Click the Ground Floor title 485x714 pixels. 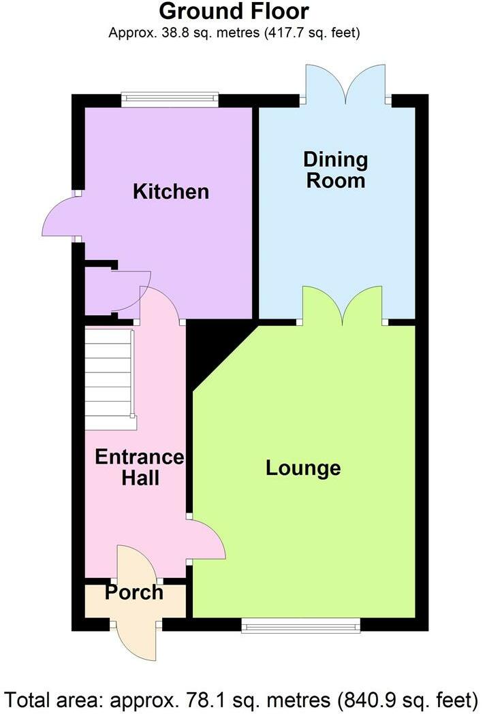coord(234,12)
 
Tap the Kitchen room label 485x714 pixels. coord(170,191)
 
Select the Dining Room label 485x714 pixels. coord(335,170)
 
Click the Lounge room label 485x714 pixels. coord(303,468)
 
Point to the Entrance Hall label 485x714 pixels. coord(139,467)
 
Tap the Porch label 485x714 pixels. coord(134,593)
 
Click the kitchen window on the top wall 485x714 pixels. coord(170,100)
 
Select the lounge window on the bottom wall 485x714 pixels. coord(300,626)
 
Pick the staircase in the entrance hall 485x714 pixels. coord(109,378)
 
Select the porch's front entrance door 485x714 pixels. coord(138,636)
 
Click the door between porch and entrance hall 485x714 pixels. coord(136,562)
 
